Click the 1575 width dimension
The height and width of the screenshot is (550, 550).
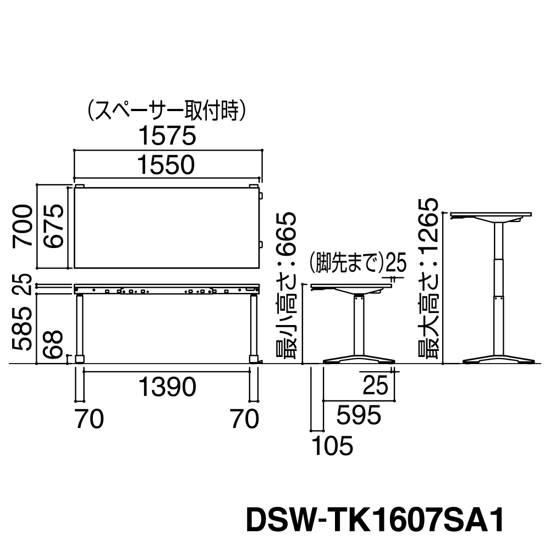(167, 136)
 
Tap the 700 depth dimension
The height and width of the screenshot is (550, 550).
(23, 226)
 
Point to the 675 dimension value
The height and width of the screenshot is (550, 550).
(53, 226)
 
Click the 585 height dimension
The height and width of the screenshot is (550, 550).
(23, 329)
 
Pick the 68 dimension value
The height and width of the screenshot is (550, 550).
(53, 344)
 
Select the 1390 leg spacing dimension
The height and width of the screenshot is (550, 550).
(167, 387)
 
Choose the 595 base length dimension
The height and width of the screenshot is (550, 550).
(359, 415)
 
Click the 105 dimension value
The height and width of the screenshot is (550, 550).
(332, 446)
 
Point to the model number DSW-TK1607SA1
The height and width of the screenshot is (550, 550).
(375, 520)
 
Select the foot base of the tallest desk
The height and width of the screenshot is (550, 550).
(499, 361)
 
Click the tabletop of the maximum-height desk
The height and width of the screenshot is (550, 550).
(491, 215)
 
